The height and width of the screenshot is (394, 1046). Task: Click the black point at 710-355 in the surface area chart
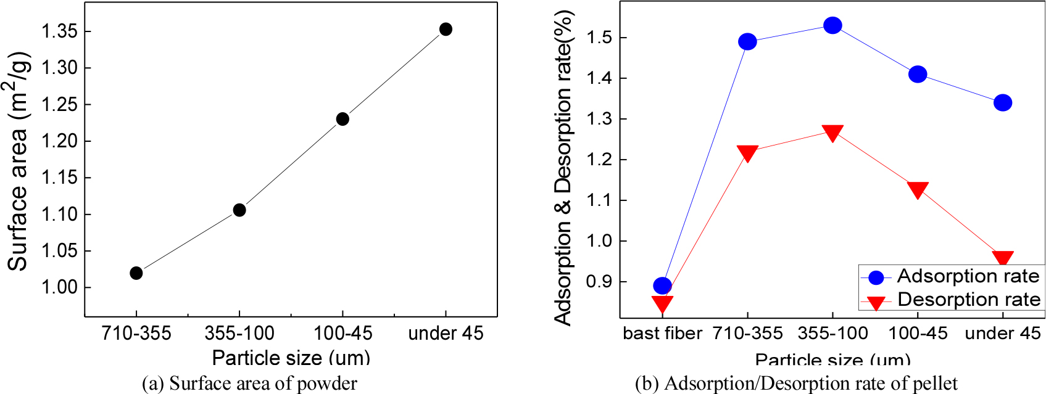pos(136,273)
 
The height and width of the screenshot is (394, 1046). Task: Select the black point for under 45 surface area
pos(446,29)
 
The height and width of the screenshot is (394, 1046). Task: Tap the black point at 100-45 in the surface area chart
pos(342,119)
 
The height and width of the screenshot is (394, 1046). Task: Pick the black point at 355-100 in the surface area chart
pos(239,210)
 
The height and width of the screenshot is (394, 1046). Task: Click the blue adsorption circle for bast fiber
pos(662,285)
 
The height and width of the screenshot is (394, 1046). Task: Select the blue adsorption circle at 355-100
pos(832,25)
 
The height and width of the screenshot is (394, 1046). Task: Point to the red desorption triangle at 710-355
pos(747,153)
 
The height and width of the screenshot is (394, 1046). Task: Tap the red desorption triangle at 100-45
pos(918,190)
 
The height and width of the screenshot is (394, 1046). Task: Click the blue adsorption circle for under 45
pos(1003,102)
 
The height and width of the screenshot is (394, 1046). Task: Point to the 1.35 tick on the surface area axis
pos(59,31)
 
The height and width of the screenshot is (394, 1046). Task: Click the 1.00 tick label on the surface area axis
pos(59,287)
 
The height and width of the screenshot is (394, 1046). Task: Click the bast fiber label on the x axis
pos(662,334)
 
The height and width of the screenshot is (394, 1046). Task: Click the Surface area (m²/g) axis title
pos(19,162)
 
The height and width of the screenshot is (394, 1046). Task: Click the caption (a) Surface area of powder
pos(249,384)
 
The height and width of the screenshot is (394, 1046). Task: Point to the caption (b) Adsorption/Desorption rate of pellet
pos(796,384)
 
